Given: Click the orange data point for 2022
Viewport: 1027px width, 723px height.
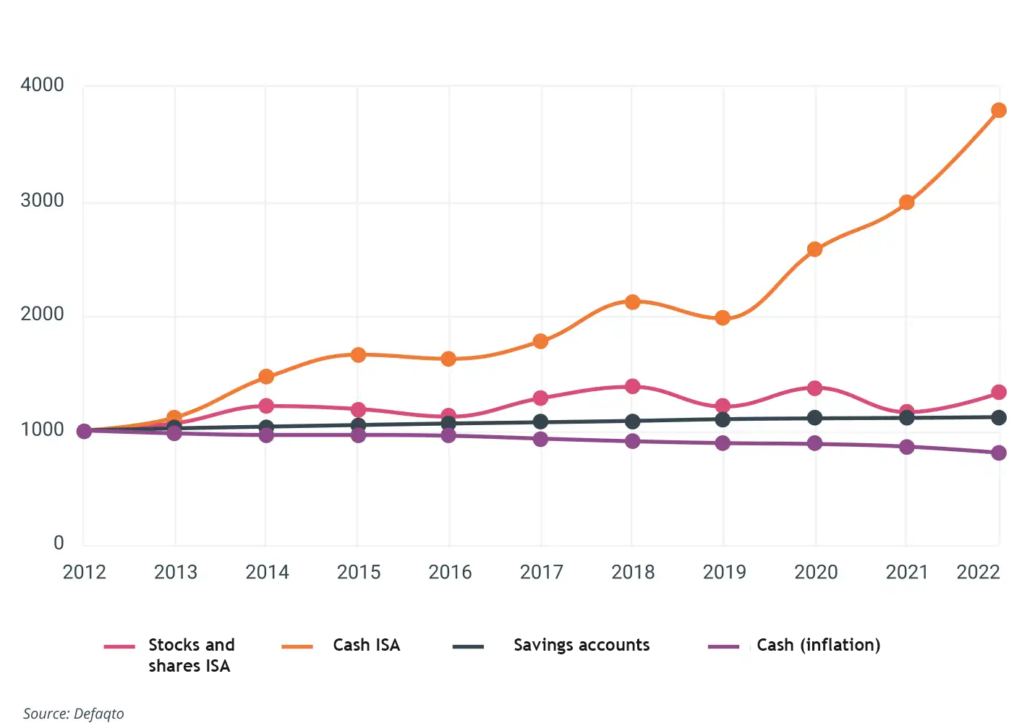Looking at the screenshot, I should (999, 111).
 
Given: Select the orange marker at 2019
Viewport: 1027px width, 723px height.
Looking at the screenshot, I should (723, 318).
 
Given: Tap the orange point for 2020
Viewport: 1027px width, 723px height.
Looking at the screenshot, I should (814, 249).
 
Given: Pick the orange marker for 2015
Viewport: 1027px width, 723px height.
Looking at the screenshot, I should (358, 355).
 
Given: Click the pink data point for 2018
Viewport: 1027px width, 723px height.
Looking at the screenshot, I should (632, 387).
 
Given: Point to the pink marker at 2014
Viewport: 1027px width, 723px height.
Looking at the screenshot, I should (266, 406).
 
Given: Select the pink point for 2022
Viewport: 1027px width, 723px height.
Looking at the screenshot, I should (999, 393).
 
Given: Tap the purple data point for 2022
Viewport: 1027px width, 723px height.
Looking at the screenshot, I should (999, 453).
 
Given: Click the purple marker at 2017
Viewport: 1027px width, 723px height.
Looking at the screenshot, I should (540, 439).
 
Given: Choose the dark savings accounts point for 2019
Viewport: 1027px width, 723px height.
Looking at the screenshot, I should (723, 419).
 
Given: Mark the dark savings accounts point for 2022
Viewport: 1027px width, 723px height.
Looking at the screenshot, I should (999, 417).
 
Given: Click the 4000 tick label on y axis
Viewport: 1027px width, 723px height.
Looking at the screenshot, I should (42, 85).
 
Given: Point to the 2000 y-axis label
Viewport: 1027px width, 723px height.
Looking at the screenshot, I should (42, 315).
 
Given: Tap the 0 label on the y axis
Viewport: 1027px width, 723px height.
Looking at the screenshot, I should (59, 544).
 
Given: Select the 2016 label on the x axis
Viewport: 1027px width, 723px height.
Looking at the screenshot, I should (450, 573).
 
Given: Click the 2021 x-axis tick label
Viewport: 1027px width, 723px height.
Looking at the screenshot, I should (907, 573).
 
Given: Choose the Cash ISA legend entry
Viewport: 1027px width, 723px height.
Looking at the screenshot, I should (366, 645).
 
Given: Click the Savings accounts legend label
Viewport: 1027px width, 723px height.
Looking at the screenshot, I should (581, 645).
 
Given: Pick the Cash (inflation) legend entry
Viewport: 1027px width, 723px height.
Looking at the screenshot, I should (818, 645).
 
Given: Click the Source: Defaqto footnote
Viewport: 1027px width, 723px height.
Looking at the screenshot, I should (74, 714).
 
